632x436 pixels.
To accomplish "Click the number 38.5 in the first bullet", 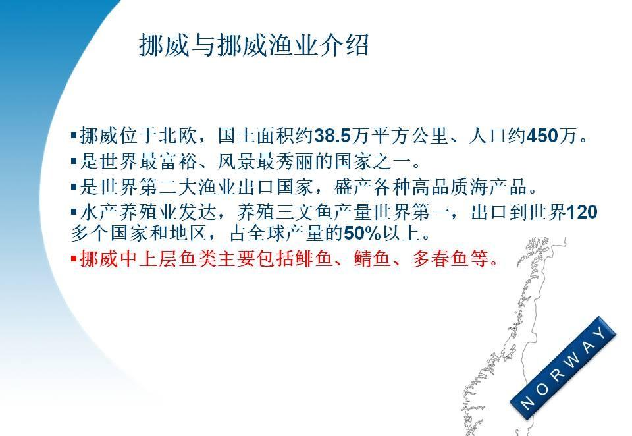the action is pos(332,136).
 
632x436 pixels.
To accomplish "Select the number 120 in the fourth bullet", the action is pos(581,212).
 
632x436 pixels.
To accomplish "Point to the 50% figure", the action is pos(362,233).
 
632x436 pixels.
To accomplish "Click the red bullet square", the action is pos(74,258).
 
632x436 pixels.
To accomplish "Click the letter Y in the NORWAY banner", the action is pos(601,333).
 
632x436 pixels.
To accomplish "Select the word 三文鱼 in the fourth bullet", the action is pos(304,212).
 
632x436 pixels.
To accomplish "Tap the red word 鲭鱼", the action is pos(373,259).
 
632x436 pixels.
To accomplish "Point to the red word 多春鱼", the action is pos(440,259).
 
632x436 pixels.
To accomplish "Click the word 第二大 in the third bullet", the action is pos(168,187).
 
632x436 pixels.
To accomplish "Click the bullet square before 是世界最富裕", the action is pos(74,161).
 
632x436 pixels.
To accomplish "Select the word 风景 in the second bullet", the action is pos(236,161).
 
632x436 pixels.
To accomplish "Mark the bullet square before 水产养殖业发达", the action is pos(74,212).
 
